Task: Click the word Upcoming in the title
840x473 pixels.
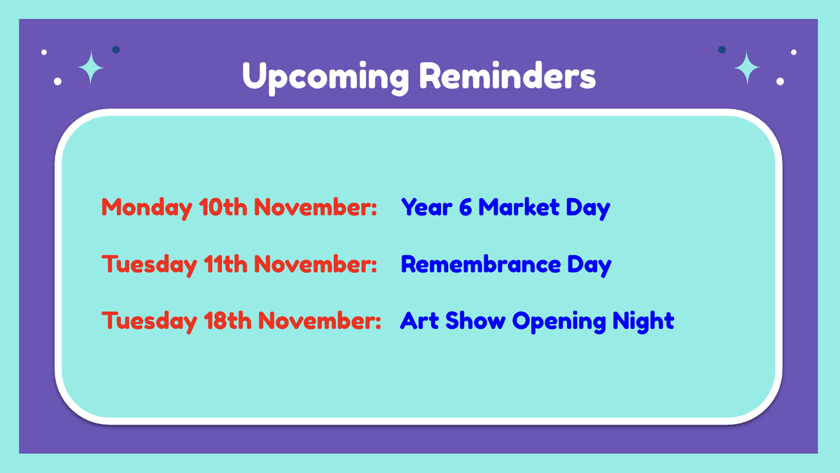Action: tap(325, 78)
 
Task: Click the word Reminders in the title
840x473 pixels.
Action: tap(507, 76)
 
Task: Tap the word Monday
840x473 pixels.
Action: tap(147, 208)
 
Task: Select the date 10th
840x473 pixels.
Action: tap(223, 207)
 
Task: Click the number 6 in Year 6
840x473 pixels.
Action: tap(465, 207)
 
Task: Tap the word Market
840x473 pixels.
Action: tap(519, 207)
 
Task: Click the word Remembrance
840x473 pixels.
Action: tap(481, 264)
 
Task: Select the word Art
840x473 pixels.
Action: tap(419, 320)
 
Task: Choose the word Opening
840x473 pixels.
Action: tap(559, 322)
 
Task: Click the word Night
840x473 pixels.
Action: tap(643, 322)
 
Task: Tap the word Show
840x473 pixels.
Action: tap(475, 320)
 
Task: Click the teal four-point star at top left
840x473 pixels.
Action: tap(91, 68)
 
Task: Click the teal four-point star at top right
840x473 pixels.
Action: tap(747, 68)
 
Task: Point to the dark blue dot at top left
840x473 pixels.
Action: tap(116, 50)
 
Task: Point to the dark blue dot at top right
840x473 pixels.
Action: tap(722, 50)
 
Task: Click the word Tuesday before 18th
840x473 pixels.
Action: tap(149, 322)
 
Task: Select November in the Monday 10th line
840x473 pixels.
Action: tap(315, 207)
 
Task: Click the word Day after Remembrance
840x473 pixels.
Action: tap(589, 266)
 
